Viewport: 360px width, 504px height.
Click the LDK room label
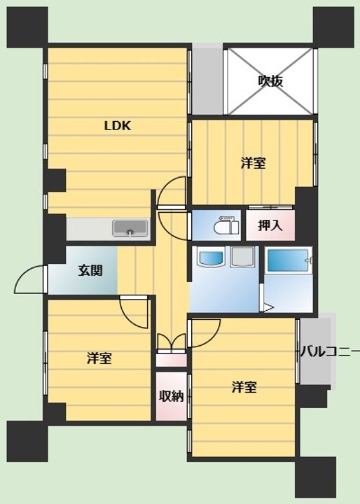118,126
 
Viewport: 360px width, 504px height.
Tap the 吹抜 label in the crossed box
270,81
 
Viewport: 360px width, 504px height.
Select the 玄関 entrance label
90,271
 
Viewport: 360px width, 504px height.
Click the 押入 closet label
270,225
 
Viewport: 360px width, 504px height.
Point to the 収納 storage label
172,396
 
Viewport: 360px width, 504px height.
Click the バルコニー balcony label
330,352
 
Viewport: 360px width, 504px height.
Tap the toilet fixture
226,225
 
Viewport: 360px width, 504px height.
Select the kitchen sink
130,228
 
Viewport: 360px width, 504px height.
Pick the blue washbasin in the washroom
211,257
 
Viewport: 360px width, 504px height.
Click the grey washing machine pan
242,256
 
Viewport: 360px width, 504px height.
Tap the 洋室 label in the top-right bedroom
254,163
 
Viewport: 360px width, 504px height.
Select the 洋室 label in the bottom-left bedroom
99,358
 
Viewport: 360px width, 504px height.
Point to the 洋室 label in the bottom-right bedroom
244,387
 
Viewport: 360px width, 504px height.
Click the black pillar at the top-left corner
27,27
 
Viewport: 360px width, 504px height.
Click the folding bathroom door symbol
268,307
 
